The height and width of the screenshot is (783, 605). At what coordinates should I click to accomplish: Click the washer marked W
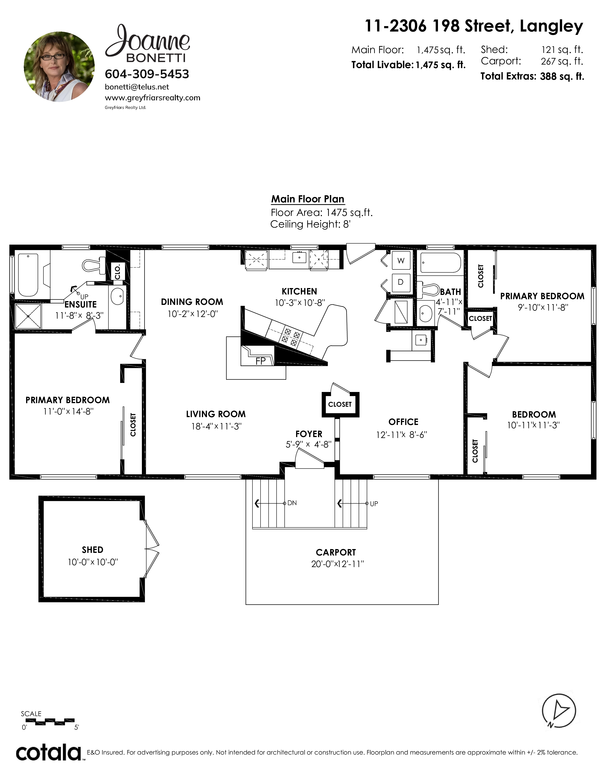click(401, 261)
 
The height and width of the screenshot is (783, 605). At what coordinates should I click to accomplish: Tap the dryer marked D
click(401, 282)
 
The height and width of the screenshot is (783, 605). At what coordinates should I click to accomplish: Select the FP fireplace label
click(261, 361)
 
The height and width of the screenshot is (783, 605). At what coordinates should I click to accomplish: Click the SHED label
click(93, 550)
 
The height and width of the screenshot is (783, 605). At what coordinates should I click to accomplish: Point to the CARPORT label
click(336, 552)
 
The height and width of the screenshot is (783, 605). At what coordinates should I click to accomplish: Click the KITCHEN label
click(299, 291)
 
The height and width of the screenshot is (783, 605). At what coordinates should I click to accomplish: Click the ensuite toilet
click(93, 265)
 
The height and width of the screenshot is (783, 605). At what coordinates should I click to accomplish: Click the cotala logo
click(48, 753)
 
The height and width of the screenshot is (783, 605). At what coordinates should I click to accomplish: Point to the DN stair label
click(292, 503)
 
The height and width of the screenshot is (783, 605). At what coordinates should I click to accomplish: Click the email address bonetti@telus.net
click(137, 87)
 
